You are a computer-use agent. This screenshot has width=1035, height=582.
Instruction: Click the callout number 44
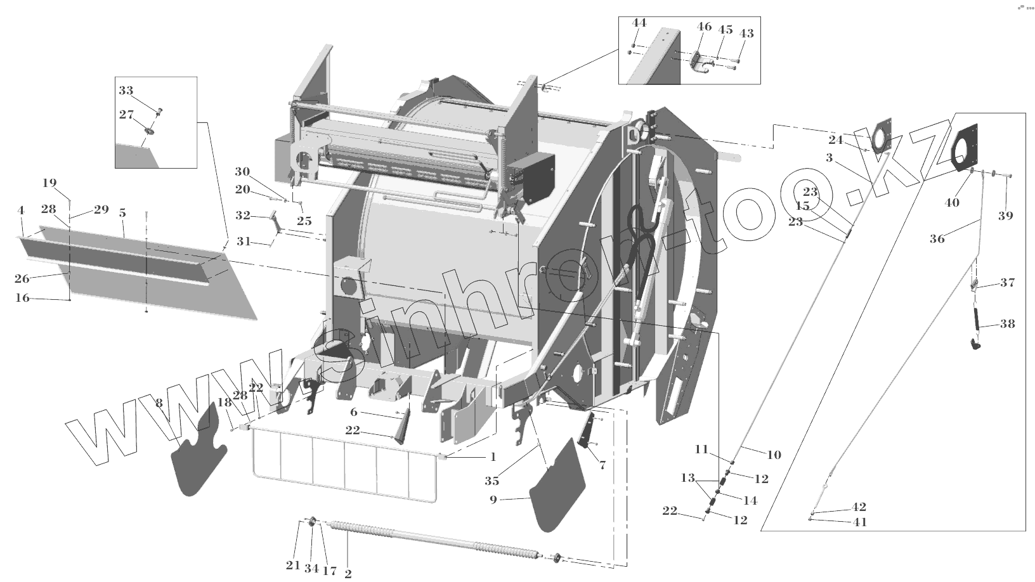pos(639,23)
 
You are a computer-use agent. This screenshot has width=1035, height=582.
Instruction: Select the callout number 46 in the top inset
pos(704,27)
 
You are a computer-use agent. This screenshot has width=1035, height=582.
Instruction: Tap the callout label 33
pos(126,91)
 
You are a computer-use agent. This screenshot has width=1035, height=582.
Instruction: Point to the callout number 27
pos(126,115)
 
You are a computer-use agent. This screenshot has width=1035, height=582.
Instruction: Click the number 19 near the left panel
pos(49,183)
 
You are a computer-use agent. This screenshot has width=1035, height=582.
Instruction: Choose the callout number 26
pos(22,278)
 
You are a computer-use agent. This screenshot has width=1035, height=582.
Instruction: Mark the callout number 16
pos(22,297)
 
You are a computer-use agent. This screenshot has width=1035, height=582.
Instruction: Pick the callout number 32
pos(243,216)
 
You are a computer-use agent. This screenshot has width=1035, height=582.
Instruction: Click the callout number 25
pos(304,221)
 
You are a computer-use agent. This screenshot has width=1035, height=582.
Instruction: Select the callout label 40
pos(952,203)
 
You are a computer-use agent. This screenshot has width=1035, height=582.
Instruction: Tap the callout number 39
pos(1005,216)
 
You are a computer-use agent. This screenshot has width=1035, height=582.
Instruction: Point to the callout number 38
pos(1007,324)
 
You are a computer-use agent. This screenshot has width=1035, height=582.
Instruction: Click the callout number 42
pos(859,507)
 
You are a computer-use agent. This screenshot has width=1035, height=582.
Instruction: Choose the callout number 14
pos(750,500)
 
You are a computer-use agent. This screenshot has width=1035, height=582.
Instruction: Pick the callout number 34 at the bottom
pos(311,568)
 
